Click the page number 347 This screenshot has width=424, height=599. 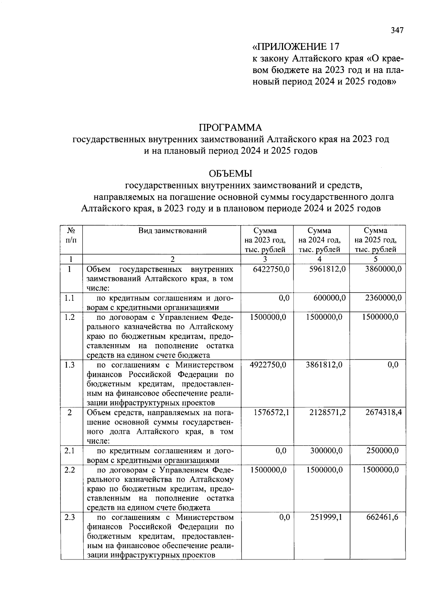click(397, 31)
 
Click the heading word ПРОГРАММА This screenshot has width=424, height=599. click(230, 127)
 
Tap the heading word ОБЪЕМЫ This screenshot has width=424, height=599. click(230, 174)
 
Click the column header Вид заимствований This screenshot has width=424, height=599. click(172, 231)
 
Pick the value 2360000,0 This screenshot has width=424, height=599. click(383, 298)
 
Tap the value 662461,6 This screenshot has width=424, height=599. click(382, 517)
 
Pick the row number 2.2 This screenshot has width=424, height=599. click(70, 470)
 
